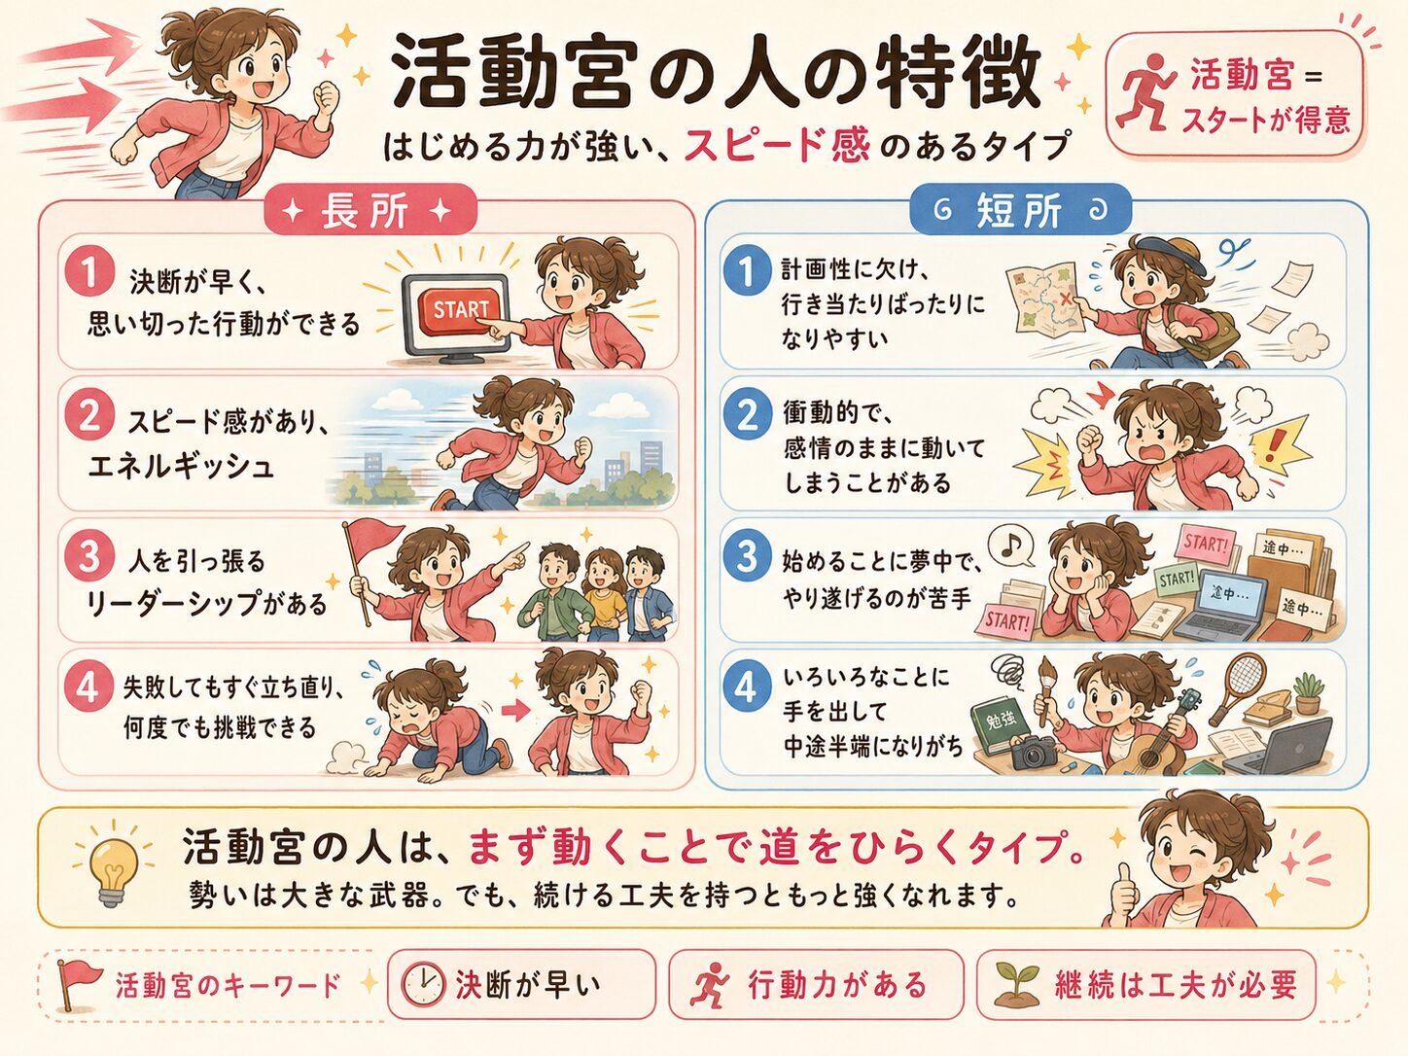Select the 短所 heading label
[1019, 210]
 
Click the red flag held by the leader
[373, 539]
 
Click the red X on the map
[1066, 299]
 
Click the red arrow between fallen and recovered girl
[513, 710]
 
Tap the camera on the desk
[1034, 753]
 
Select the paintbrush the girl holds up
[1045, 690]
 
